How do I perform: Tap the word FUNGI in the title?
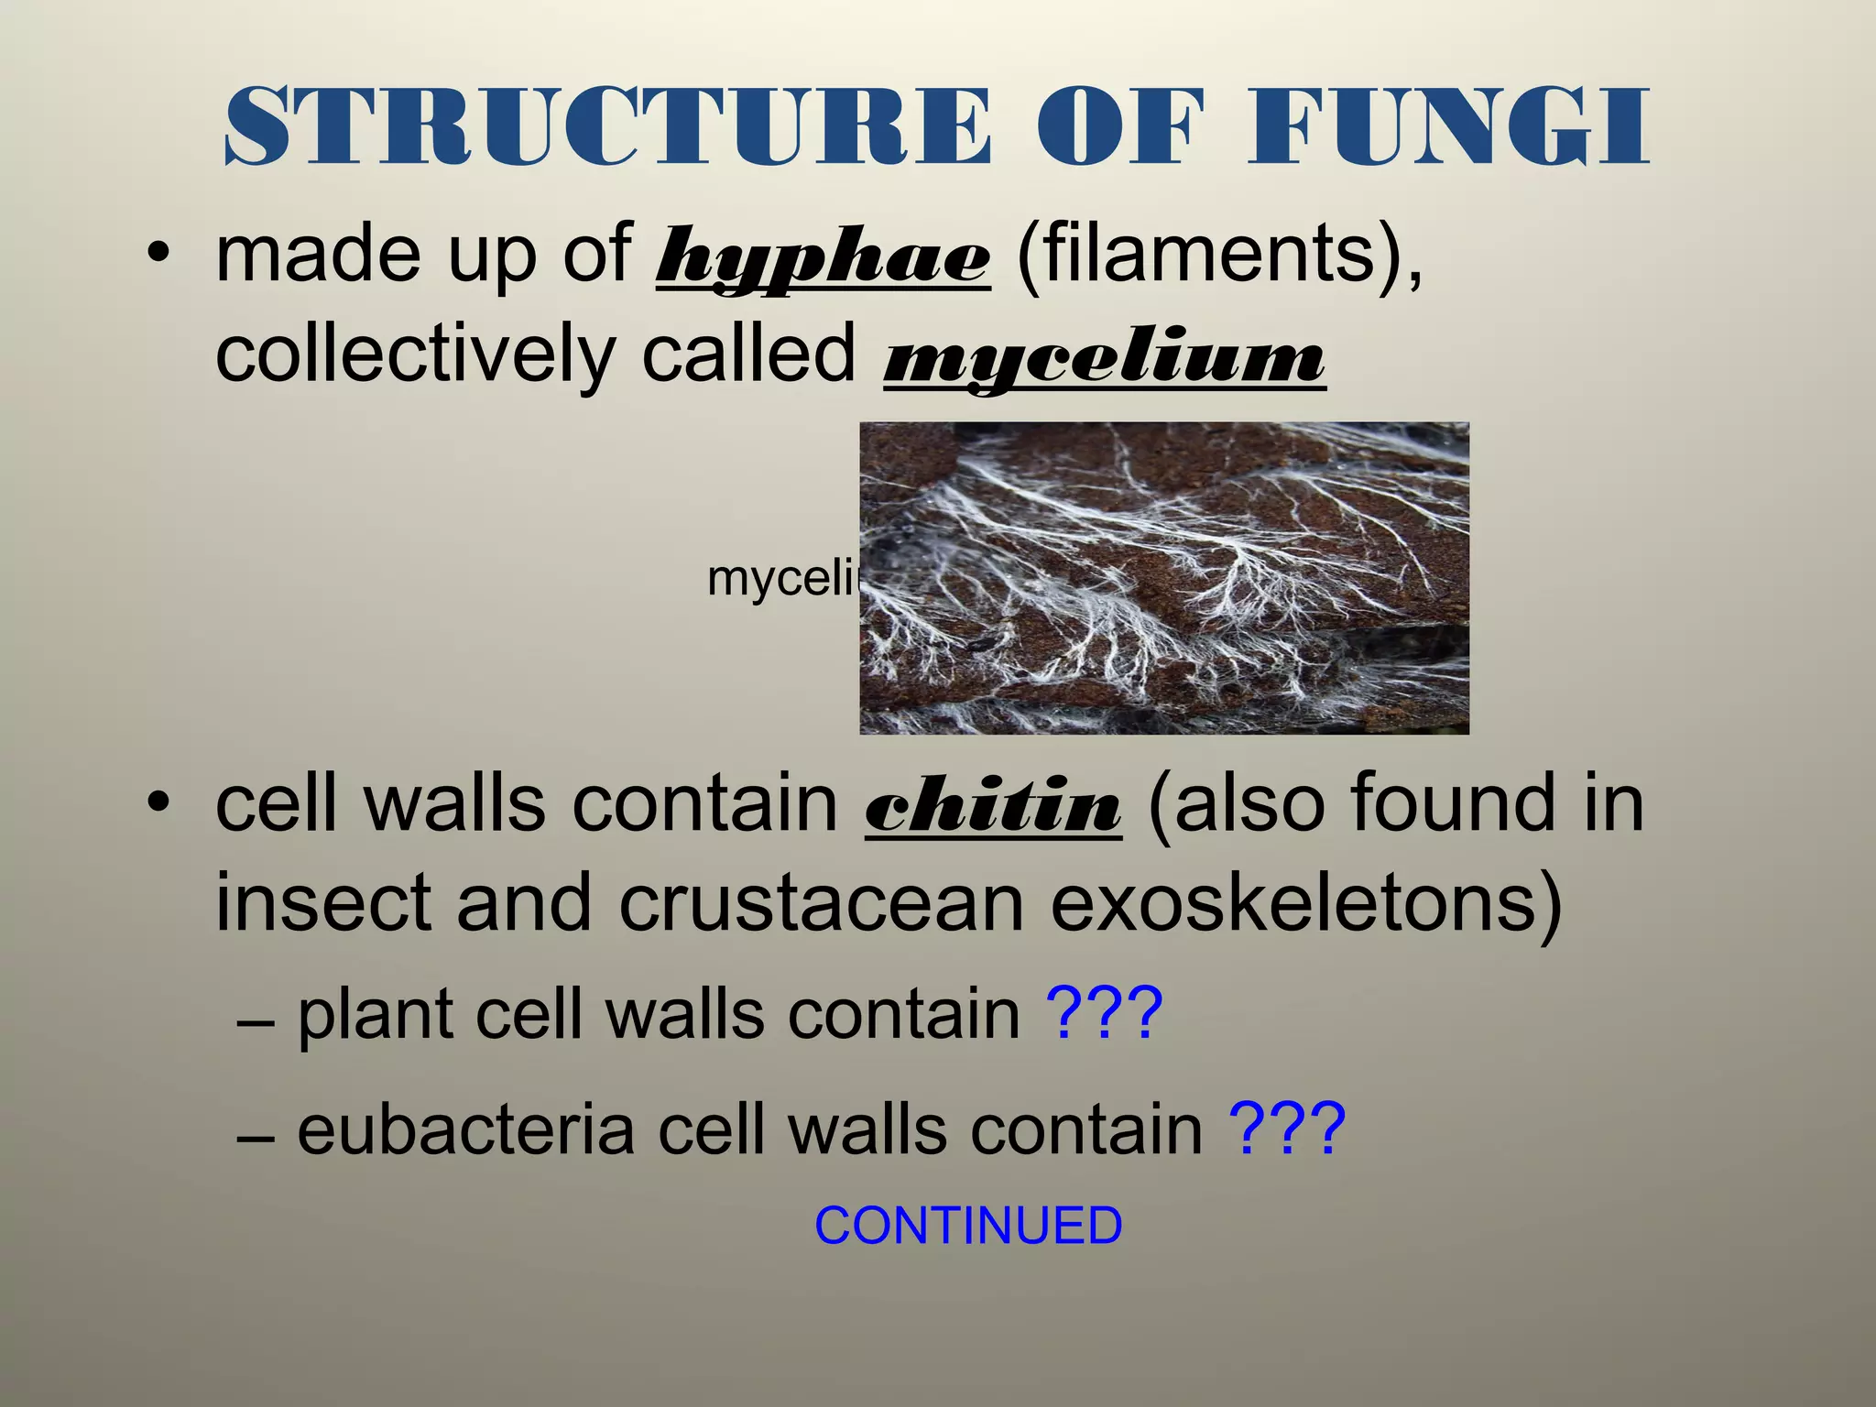1447,127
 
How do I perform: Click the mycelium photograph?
1163,578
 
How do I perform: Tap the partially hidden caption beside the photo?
782,579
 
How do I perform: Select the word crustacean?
821,905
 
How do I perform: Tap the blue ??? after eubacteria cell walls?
1287,1129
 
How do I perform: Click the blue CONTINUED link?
968,1226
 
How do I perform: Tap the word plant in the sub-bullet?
376,1015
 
